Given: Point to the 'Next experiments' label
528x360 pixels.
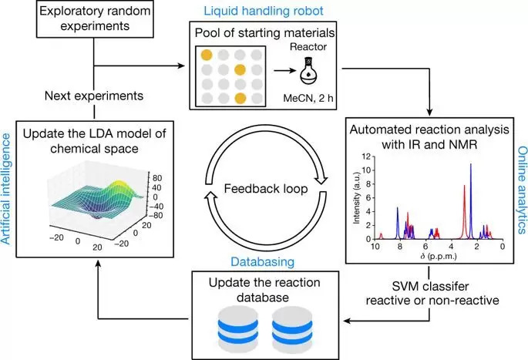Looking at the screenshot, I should click(x=94, y=98).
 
